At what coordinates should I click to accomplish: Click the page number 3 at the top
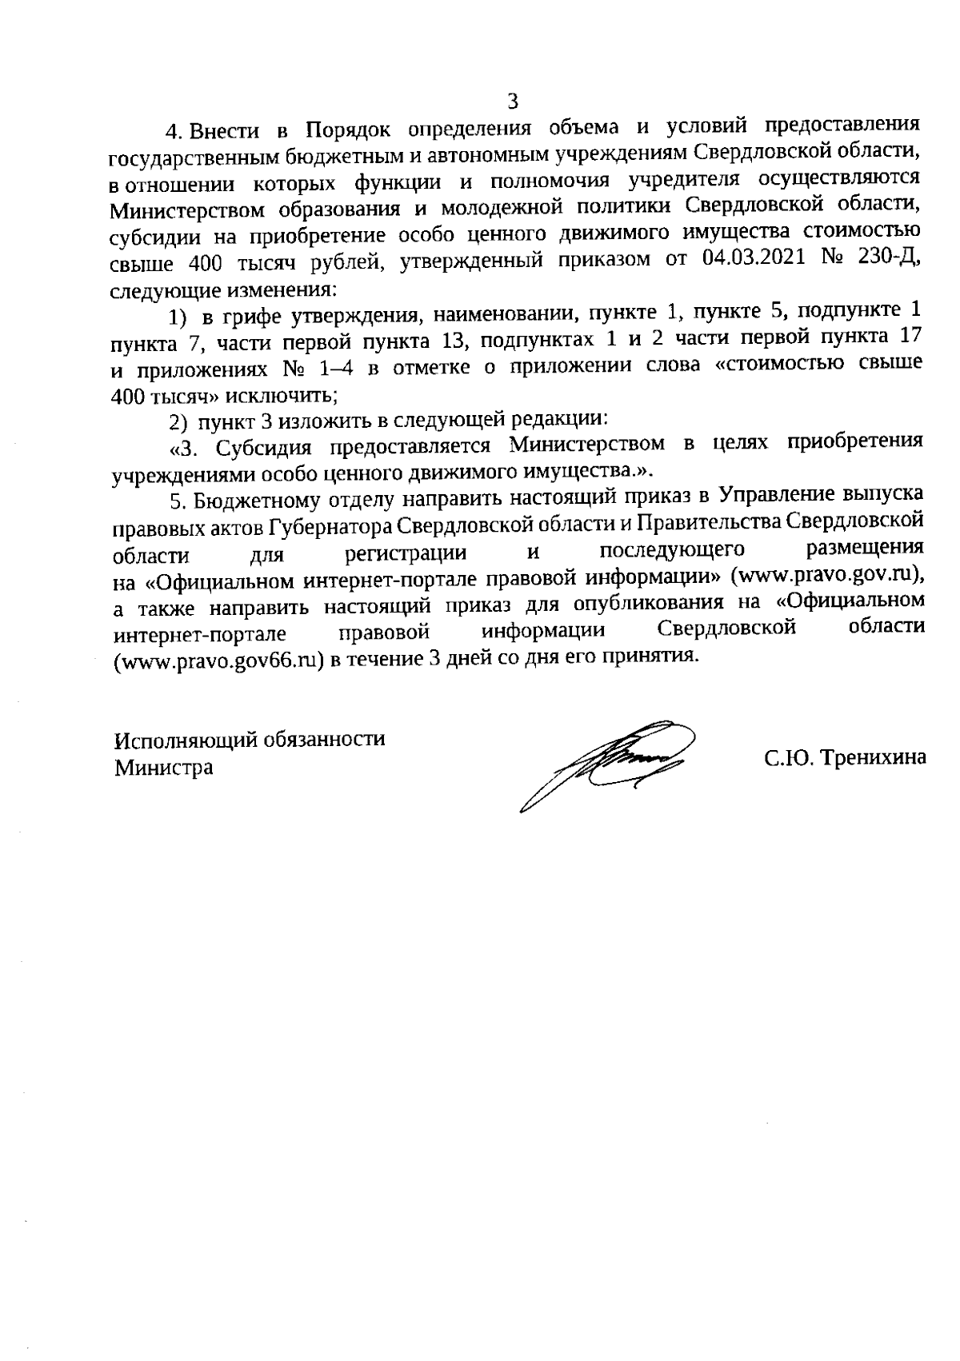click(x=513, y=102)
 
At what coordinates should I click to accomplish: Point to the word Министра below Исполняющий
click(x=163, y=768)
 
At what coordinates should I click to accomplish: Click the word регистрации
click(x=406, y=552)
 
